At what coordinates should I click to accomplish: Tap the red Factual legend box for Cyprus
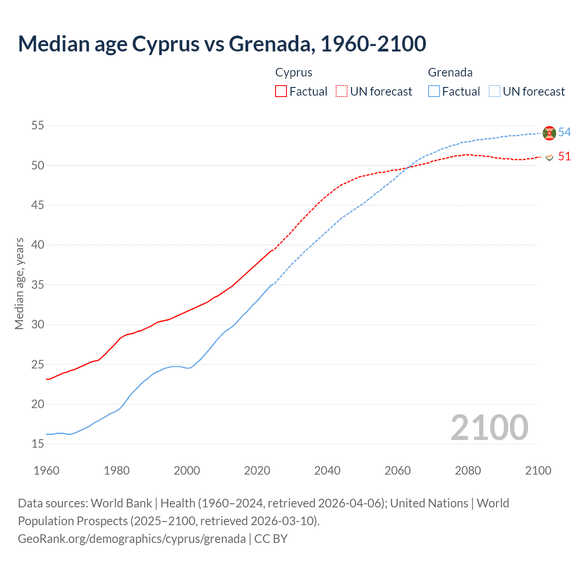tap(281, 91)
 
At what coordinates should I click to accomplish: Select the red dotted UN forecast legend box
tap(342, 91)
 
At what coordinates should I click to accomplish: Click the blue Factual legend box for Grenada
tap(434, 91)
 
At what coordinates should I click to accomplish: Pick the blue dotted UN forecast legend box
tap(495, 91)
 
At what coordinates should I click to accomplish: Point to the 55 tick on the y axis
tap(38, 125)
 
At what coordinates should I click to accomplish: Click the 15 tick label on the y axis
tap(38, 444)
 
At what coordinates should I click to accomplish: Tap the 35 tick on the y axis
tap(38, 285)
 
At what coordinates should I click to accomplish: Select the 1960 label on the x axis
tap(46, 470)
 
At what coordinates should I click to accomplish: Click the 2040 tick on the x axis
tap(327, 470)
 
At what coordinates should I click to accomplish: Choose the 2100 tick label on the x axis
tap(538, 470)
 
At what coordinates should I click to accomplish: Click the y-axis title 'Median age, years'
tap(19, 283)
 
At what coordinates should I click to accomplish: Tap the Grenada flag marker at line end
tap(549, 133)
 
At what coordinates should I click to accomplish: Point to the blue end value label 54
tap(564, 132)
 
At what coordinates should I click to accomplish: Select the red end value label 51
tap(564, 156)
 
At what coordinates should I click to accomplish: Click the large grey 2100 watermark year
tap(489, 428)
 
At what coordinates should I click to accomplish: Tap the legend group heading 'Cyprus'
tap(294, 72)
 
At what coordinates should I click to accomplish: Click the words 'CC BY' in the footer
tap(271, 539)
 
